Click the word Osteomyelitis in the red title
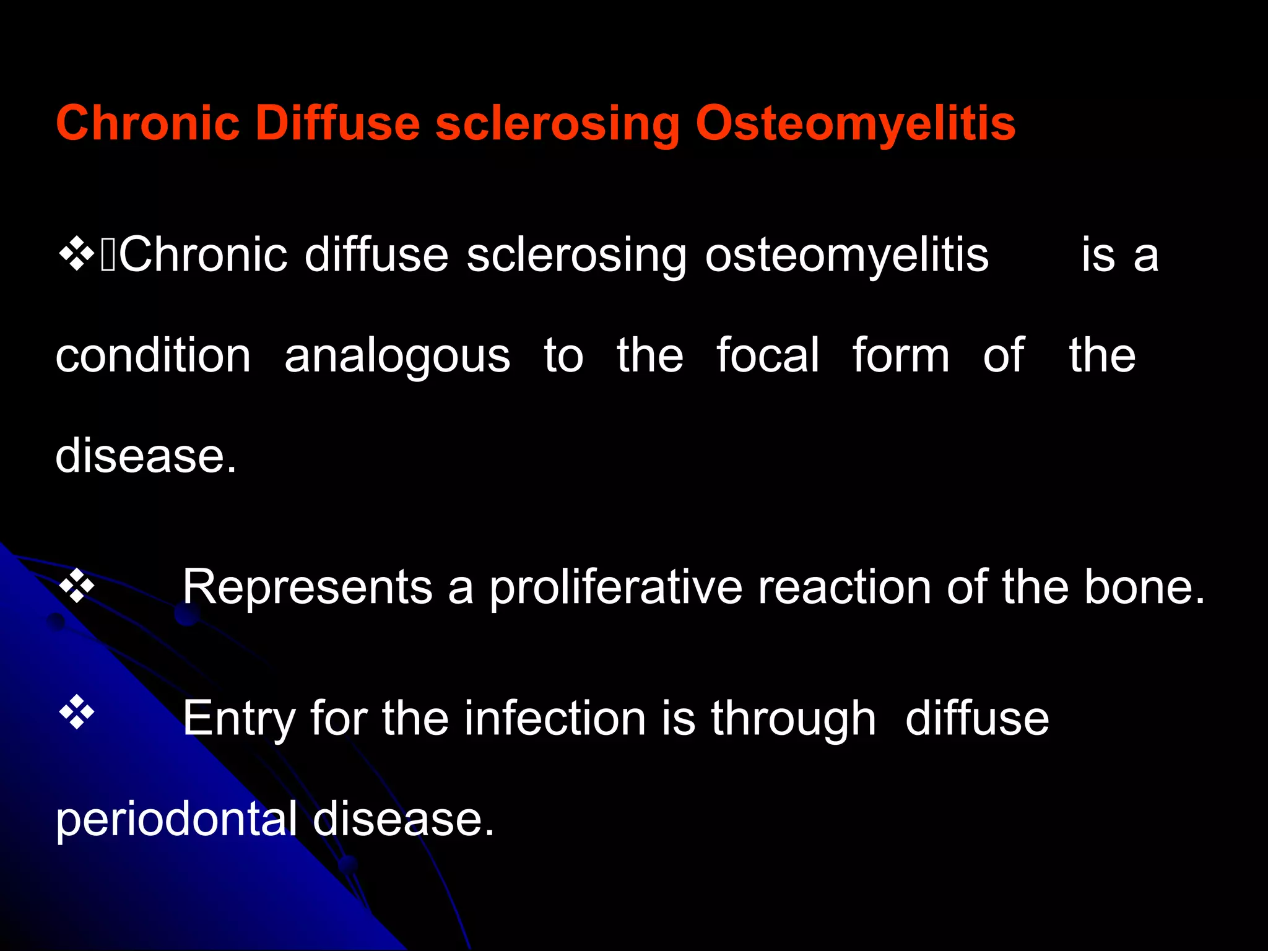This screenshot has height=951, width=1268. coord(855,124)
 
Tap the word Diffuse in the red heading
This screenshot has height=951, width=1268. coord(337,123)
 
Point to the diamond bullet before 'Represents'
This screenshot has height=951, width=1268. coord(76,586)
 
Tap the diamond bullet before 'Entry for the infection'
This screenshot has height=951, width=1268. coord(76,713)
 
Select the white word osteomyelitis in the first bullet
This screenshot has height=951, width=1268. coord(846,256)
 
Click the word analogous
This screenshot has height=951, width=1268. coord(397,357)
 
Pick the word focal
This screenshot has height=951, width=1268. coord(768,355)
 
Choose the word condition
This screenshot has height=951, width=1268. coord(153,355)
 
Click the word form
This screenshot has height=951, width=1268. coord(900,355)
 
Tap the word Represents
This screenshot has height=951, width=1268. coord(307,587)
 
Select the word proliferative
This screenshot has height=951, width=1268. coord(616,587)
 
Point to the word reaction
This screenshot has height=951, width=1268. coord(845,587)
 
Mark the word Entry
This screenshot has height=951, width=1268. coord(238,719)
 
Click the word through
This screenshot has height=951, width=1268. coord(792,719)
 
